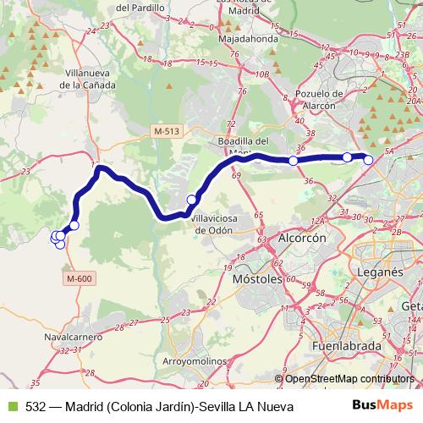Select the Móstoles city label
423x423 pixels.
(x=257, y=277)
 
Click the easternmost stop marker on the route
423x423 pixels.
(x=368, y=159)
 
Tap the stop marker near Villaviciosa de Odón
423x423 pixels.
(x=192, y=200)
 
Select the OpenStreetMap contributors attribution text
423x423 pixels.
(x=349, y=378)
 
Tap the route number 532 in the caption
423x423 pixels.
(x=36, y=406)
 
